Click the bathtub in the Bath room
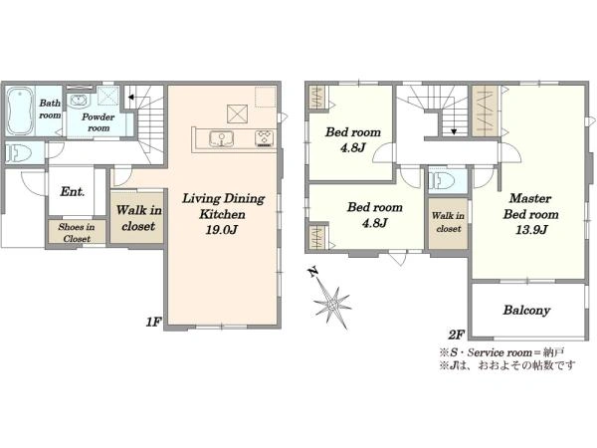coord(19,111)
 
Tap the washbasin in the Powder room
coord(79,101)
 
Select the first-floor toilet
coord(19,153)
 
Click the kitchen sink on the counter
coord(221,139)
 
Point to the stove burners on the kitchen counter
coord(265,138)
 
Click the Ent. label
coord(73,191)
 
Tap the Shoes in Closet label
coord(77,233)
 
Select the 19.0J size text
coord(222,230)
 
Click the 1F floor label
coord(154,322)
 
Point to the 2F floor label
coord(456,335)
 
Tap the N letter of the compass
coord(313,272)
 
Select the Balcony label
coord(526,311)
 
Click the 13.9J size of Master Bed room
coord(531,230)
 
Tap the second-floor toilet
coord(441,181)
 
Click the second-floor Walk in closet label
coord(448,222)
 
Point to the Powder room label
coord(99,122)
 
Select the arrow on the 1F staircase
coord(132,98)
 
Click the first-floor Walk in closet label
coord(138,218)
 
